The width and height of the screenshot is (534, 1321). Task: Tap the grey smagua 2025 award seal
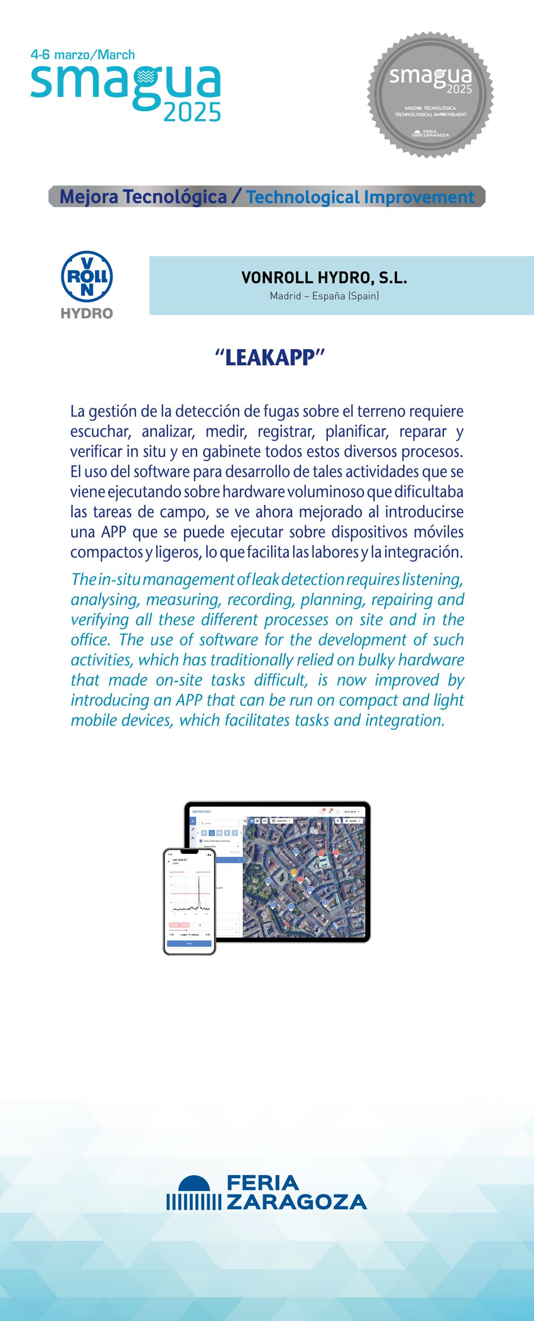430,94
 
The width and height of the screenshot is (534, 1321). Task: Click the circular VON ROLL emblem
87,276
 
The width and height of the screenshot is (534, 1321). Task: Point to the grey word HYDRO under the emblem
87,313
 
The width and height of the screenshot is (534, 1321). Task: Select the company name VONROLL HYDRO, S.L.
324,278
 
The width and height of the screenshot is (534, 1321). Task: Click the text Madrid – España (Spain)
324,296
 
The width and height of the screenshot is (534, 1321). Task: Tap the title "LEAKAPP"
270,357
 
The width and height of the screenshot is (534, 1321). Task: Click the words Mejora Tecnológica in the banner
143,197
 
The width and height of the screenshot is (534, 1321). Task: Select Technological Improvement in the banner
360,197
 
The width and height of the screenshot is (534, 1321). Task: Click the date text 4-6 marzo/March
83,54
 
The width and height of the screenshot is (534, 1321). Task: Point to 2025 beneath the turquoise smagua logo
192,112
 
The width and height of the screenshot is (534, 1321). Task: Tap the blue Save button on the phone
189,944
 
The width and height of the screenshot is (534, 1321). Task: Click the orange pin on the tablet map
294,872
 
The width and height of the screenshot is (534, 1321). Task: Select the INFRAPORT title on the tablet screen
202,812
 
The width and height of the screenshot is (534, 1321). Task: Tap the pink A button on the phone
179,925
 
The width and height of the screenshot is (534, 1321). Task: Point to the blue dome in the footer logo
194,1184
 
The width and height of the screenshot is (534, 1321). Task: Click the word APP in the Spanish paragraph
113,532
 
